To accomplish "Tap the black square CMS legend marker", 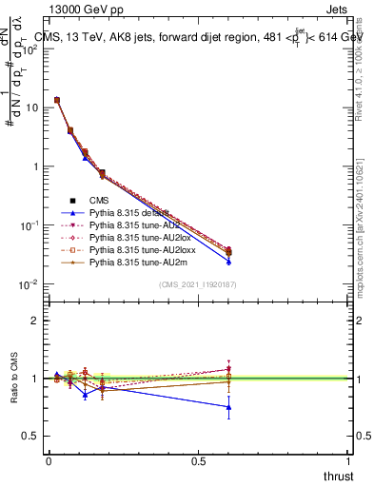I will click(x=72, y=200).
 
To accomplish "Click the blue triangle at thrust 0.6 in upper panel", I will click(x=228, y=261).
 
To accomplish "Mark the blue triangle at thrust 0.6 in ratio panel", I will click(x=228, y=407).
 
